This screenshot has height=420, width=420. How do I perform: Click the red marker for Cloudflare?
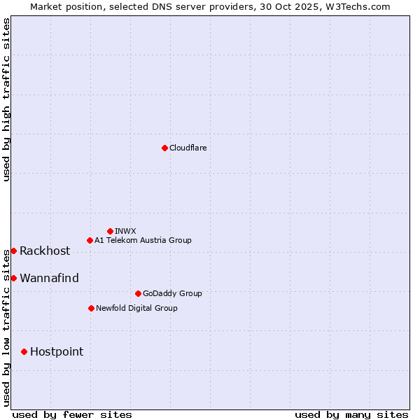click(x=164, y=148)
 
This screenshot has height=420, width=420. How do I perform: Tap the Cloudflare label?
click(x=188, y=148)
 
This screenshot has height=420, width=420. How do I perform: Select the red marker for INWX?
click(x=111, y=231)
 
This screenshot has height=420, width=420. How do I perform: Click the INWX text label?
click(x=125, y=231)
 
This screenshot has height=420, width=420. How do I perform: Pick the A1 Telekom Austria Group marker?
click(x=90, y=240)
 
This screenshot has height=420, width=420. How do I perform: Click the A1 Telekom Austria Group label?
click(x=143, y=240)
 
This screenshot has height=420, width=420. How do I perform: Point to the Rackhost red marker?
click(x=13, y=251)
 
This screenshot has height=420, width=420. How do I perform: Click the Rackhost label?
click(x=45, y=251)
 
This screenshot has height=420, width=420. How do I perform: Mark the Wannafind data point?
click(x=13, y=278)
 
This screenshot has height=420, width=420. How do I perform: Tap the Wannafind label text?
click(x=49, y=279)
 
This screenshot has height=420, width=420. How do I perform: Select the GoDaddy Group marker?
click(x=138, y=293)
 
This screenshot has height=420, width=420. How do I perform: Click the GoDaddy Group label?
click(x=172, y=293)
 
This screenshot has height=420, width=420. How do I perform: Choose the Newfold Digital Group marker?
click(x=91, y=308)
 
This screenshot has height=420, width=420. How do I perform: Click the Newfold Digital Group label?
click(x=136, y=308)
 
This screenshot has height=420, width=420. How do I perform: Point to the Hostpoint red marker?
click(x=24, y=351)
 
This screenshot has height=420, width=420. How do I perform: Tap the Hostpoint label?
click(x=57, y=352)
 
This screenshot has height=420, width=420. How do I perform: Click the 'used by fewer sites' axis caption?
click(x=72, y=414)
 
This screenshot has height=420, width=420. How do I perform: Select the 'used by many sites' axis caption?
click(x=351, y=414)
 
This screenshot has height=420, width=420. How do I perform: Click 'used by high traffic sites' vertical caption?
click(x=7, y=99)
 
